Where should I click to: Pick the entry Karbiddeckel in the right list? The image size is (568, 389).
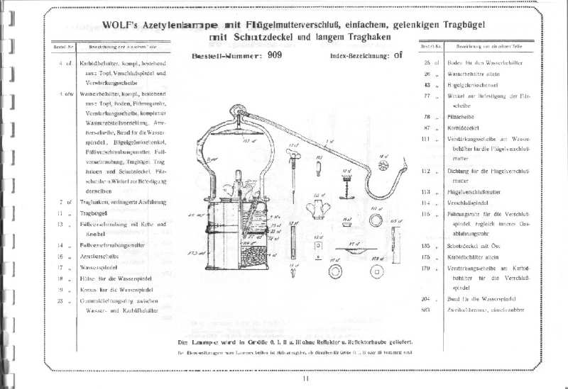pos(464,128)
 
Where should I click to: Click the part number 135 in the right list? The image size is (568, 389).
pos(427,245)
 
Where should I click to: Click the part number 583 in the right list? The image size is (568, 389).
pos(426,311)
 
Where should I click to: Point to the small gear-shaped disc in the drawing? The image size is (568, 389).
pos(385,164)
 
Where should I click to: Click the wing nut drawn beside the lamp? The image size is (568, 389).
pos(317,210)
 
